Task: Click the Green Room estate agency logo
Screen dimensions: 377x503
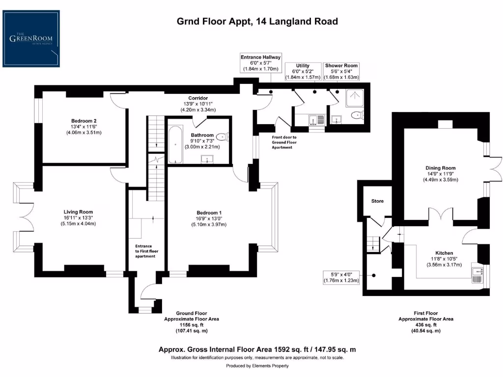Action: point(33,39)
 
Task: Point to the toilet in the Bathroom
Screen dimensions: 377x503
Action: point(223,137)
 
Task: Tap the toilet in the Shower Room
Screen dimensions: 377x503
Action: point(358,116)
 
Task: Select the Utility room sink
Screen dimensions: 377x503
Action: point(313,119)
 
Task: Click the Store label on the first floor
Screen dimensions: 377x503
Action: point(377,201)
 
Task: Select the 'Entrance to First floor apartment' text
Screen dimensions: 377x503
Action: point(146,251)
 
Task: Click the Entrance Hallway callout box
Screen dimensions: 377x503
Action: point(260,63)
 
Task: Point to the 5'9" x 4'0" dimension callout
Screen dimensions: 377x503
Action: point(341,277)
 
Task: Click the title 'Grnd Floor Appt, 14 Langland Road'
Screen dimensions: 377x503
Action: point(257,21)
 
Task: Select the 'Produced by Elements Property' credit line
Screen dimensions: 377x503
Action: point(257,366)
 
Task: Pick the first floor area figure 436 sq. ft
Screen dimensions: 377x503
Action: point(425,325)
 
